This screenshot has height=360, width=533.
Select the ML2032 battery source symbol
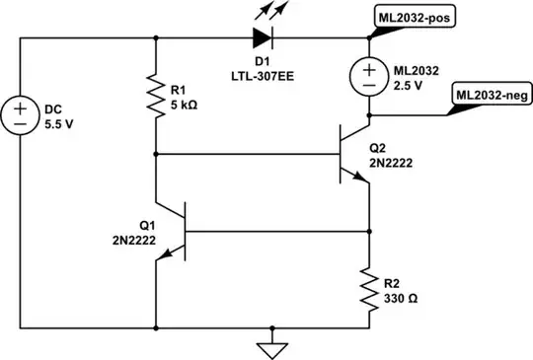pos(369,75)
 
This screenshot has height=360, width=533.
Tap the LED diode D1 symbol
pos(263,37)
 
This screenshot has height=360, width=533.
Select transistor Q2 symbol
pos(352,152)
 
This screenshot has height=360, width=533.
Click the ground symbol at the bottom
pos(276,346)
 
